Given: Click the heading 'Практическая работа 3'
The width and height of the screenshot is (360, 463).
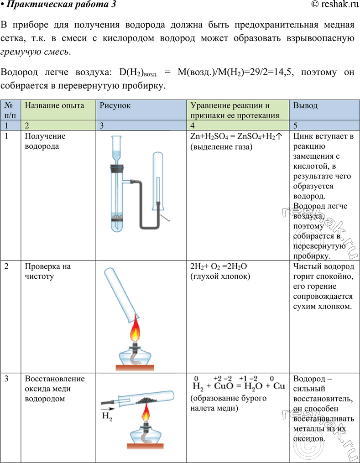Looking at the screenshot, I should (x=59, y=5).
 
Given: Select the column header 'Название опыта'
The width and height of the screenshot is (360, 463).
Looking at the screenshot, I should (x=54, y=105).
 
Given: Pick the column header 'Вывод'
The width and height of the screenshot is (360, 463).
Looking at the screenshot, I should (x=305, y=105).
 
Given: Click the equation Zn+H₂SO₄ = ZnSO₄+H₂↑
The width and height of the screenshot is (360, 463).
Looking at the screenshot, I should (x=237, y=136).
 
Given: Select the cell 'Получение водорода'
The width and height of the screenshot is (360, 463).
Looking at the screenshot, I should (x=45, y=141).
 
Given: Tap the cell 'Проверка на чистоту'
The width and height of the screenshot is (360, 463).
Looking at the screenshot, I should (x=48, y=271).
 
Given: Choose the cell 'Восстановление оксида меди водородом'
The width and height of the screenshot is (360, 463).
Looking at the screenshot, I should (x=55, y=389).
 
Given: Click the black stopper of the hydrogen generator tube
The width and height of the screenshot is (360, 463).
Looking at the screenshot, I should (x=117, y=168).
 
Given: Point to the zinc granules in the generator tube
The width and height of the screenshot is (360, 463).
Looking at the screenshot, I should (x=118, y=218).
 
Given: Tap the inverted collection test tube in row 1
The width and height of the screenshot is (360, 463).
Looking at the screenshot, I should (x=157, y=182).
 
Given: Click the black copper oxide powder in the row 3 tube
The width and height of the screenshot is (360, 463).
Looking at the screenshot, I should (x=147, y=400).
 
